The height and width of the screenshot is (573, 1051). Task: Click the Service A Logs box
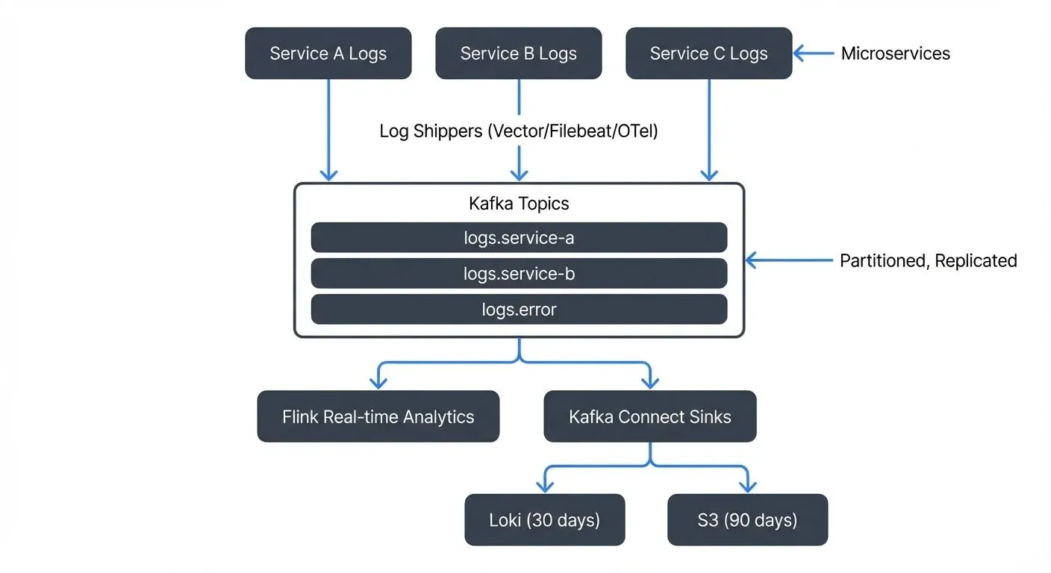tap(328, 54)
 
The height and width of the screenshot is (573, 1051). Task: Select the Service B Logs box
tap(518, 54)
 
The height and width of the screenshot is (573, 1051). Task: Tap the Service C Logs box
tap(708, 54)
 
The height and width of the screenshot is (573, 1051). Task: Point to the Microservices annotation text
tap(895, 54)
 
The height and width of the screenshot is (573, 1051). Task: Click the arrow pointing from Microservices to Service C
tap(814, 53)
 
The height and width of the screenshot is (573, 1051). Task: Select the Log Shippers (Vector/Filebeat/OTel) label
tap(518, 131)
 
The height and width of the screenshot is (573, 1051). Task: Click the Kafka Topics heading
tap(519, 204)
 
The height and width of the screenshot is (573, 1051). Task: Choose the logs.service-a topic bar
tap(519, 238)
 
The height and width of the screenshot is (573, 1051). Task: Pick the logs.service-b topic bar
tap(519, 274)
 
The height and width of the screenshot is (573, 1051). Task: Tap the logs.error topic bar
tap(519, 310)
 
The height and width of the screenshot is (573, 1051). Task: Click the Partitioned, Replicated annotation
tap(928, 260)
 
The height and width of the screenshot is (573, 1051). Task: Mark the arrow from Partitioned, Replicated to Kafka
tap(788, 260)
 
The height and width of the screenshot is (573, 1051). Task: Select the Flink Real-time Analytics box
tap(378, 416)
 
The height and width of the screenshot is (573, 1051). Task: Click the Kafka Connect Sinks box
tap(649, 416)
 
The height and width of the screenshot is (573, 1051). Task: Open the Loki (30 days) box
tap(544, 519)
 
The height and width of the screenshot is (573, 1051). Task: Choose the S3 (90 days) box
tap(747, 519)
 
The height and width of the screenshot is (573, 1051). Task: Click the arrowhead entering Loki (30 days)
tap(546, 486)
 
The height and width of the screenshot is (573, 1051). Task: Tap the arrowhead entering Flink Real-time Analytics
tap(378, 382)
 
